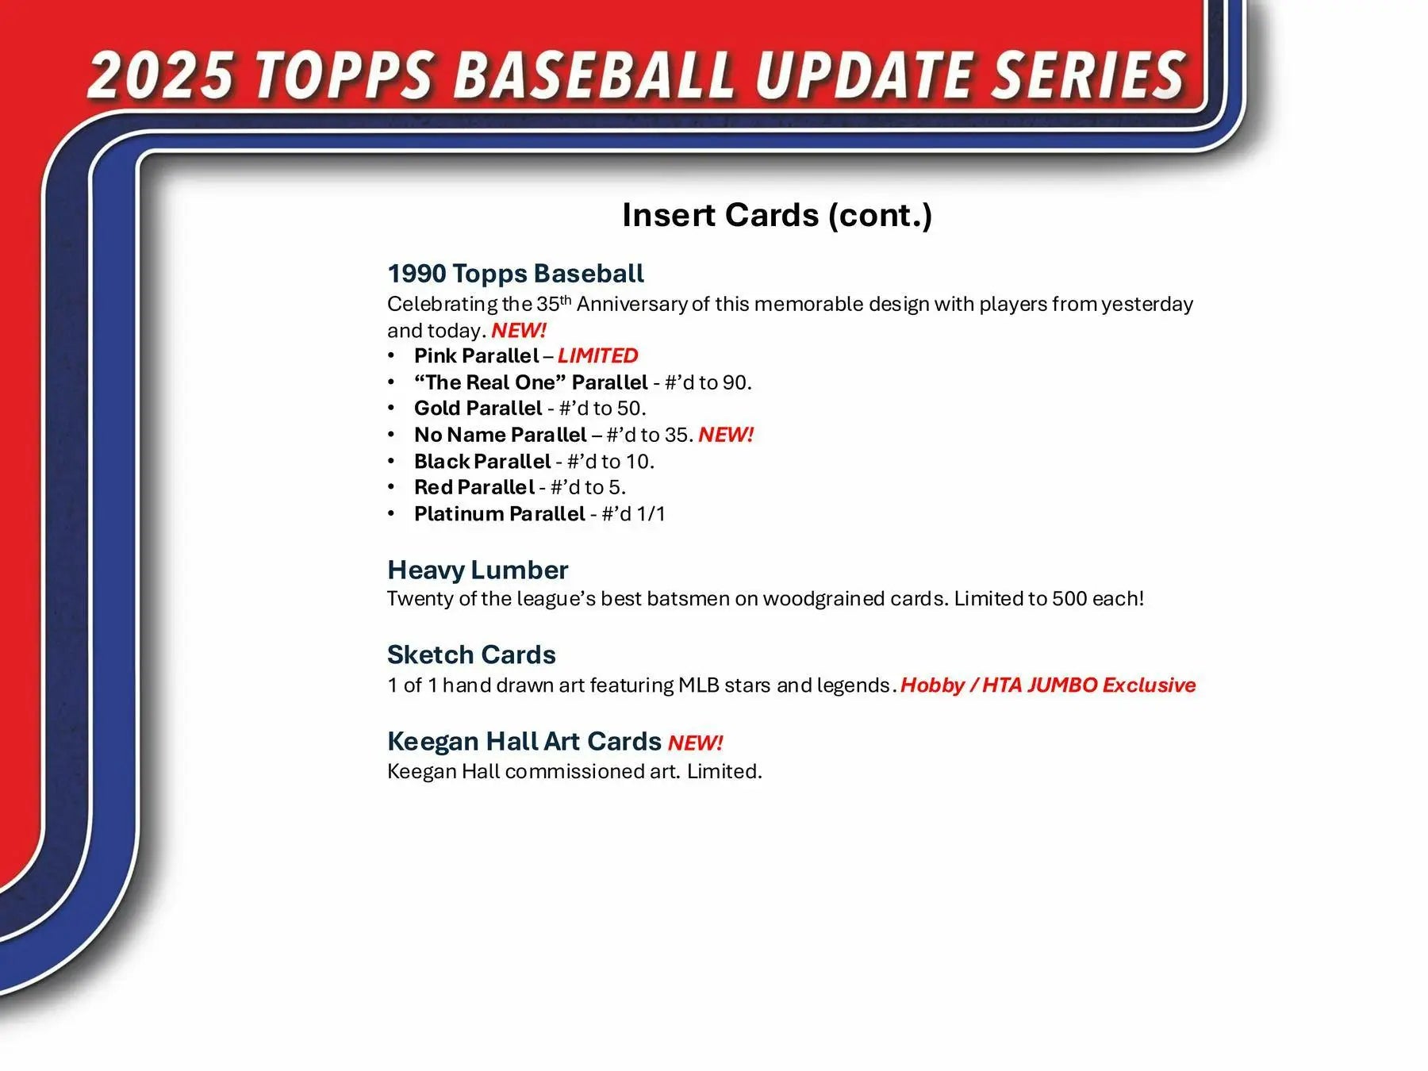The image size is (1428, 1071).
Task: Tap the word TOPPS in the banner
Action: [345, 75]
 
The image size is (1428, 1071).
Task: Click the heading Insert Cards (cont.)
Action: [777, 215]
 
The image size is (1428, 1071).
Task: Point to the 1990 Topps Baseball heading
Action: [516, 274]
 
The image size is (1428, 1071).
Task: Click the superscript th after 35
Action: [566, 299]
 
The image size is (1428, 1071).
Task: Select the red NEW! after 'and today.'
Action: [519, 330]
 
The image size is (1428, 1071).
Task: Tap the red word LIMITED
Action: [597, 355]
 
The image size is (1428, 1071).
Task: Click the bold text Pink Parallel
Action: [476, 355]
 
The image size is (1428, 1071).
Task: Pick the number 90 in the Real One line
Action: [734, 382]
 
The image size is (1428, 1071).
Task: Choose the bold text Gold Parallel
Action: [478, 409]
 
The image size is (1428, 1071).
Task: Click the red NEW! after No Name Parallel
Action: [726, 435]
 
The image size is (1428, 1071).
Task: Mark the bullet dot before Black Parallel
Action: [391, 461]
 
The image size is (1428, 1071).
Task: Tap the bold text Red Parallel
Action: [474, 487]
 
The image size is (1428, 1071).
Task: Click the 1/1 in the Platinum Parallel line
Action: [651, 514]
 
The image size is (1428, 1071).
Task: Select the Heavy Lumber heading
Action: [478, 570]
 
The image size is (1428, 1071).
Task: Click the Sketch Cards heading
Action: [471, 654]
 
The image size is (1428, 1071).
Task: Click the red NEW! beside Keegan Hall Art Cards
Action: [695, 743]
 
